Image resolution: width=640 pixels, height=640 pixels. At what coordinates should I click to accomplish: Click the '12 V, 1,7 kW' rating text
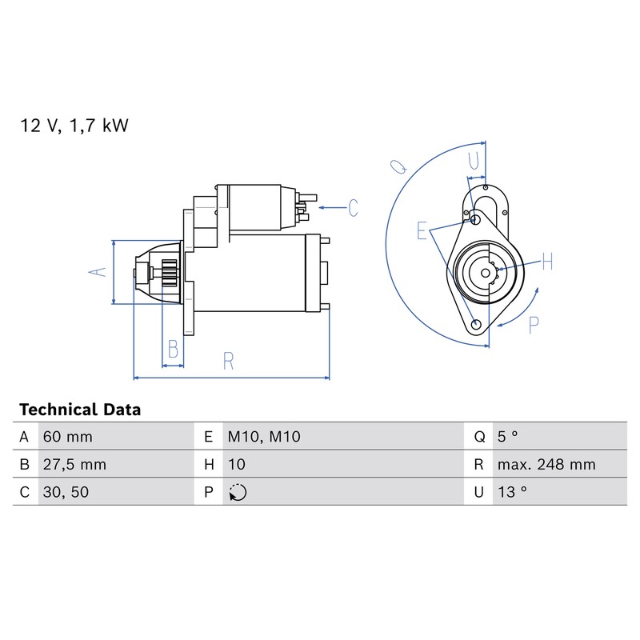click(x=74, y=126)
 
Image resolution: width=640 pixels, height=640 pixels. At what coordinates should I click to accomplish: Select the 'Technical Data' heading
click(x=80, y=410)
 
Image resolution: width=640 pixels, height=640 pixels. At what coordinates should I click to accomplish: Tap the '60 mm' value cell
click(x=68, y=437)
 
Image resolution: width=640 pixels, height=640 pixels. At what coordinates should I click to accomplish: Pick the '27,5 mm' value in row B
click(x=74, y=465)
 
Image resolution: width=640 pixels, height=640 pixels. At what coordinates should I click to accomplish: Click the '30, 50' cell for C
click(x=66, y=492)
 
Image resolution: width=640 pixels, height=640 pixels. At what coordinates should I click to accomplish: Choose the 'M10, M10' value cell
click(x=264, y=437)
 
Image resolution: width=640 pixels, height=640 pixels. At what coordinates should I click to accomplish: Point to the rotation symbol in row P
click(x=238, y=492)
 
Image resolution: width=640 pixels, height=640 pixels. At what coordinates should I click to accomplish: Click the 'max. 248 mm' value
click(x=546, y=465)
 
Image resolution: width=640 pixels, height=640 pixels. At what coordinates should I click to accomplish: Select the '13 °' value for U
click(x=512, y=492)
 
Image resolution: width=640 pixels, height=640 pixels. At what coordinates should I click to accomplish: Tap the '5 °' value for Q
click(x=507, y=437)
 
